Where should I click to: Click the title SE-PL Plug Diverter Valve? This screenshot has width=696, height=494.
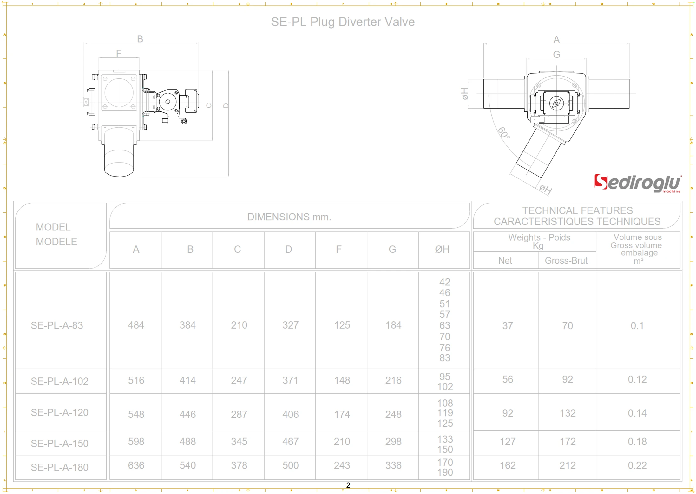click(343, 22)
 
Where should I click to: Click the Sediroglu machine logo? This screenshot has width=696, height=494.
click(637, 184)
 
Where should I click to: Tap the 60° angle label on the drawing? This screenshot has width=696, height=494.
click(504, 133)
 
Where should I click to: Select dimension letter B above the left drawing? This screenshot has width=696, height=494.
click(140, 39)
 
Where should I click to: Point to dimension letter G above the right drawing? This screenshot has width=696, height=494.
click(556, 55)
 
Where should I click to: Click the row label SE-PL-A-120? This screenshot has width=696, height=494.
click(59, 412)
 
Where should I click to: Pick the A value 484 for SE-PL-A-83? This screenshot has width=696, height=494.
click(136, 325)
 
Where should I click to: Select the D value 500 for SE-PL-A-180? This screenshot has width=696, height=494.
click(290, 465)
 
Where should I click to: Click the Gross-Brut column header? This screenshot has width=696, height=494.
click(566, 261)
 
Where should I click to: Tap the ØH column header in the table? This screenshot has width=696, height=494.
click(442, 250)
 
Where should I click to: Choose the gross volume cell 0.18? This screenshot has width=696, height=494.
click(637, 442)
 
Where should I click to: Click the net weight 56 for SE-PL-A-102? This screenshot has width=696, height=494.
click(507, 379)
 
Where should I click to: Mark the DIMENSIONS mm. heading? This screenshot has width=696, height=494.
click(289, 217)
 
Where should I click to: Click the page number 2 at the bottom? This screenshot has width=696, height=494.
click(348, 485)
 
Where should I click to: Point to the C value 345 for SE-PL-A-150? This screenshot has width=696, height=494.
click(239, 442)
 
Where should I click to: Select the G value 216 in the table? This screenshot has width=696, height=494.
click(393, 380)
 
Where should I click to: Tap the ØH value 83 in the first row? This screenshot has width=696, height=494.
click(445, 358)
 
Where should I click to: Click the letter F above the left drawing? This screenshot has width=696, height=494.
click(119, 54)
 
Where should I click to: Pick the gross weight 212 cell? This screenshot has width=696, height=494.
click(567, 465)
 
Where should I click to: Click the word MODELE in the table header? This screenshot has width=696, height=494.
click(56, 242)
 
